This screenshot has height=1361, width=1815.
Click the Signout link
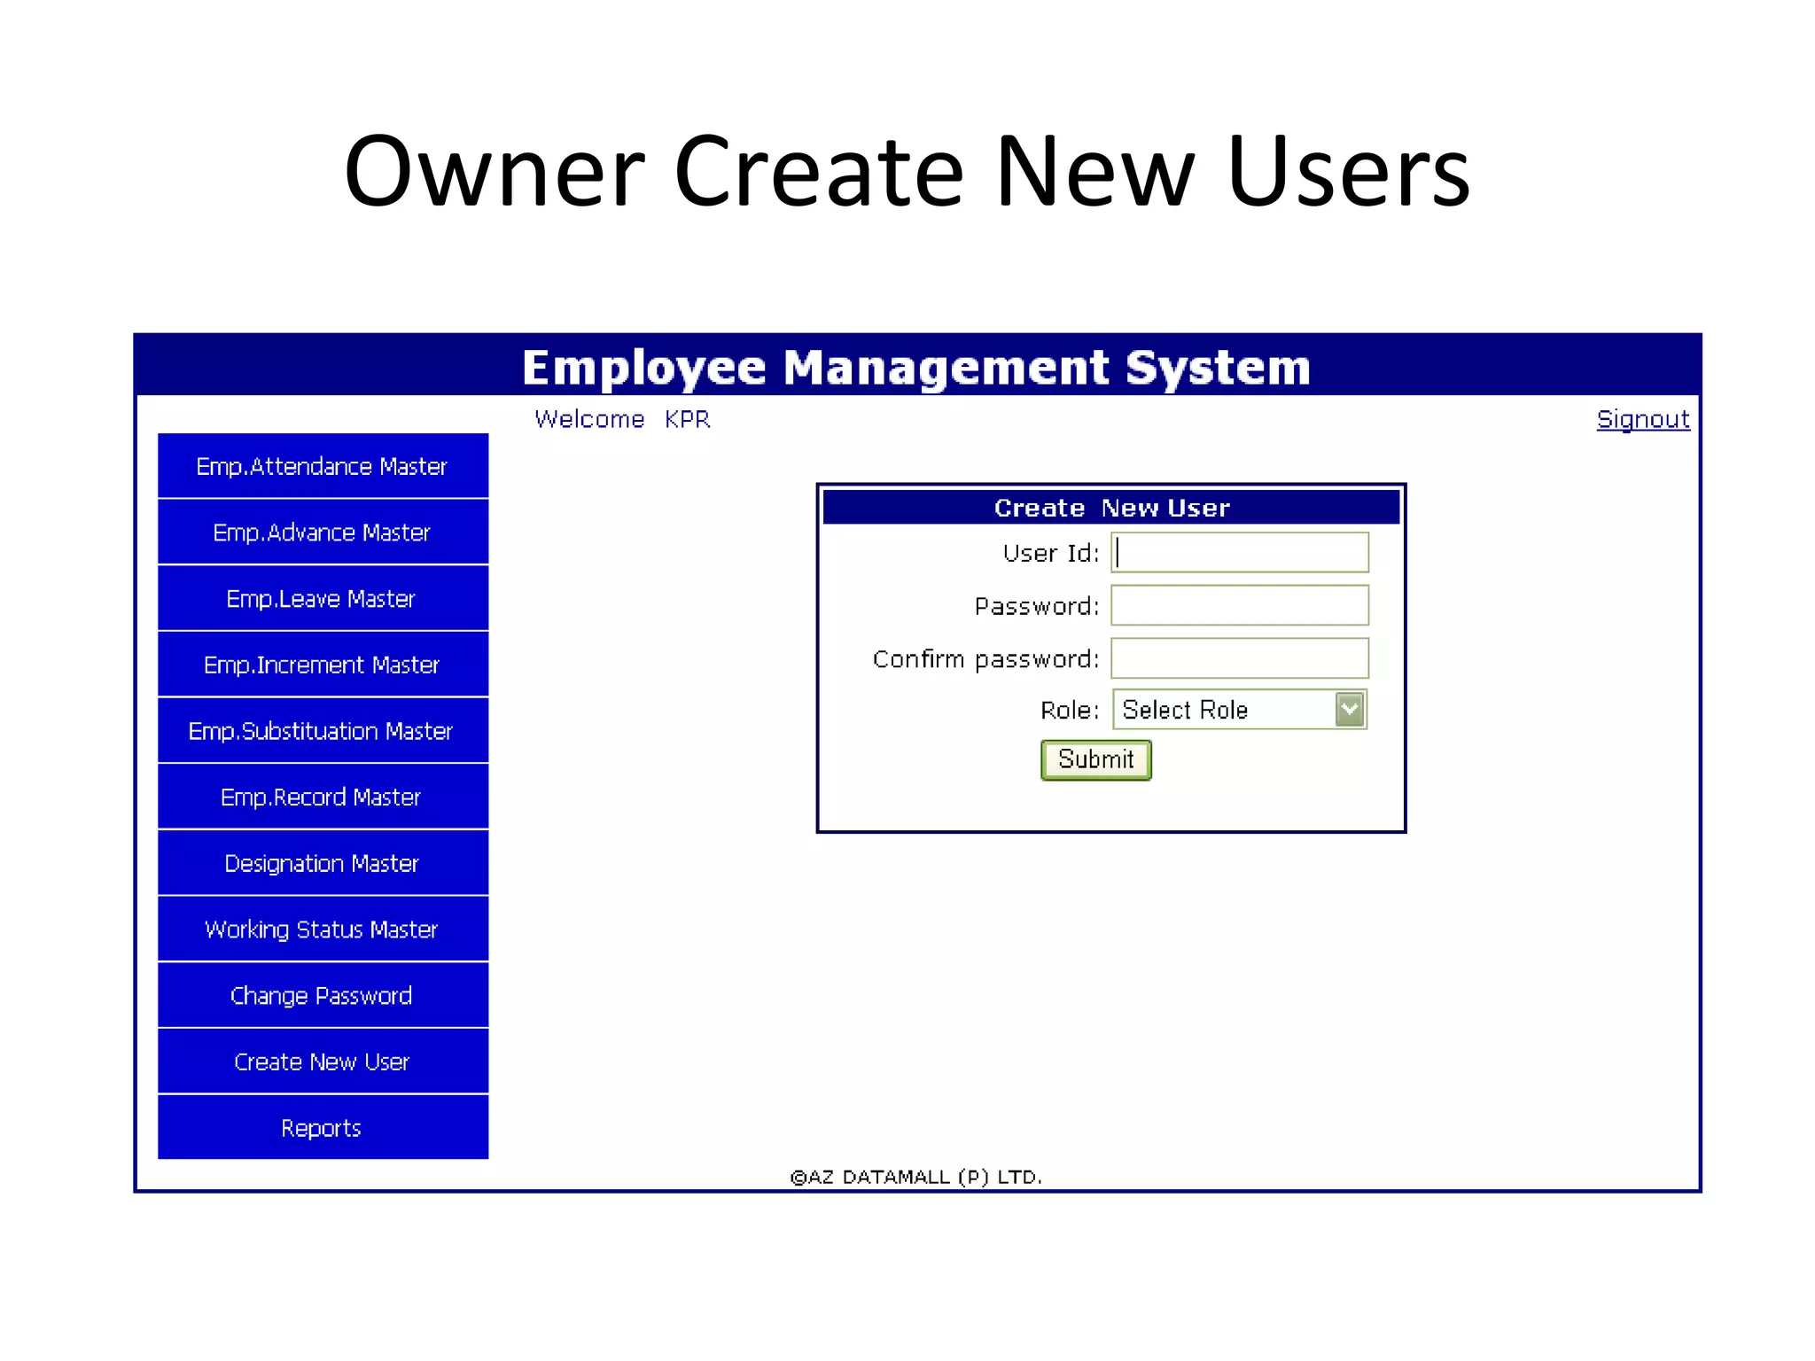[1642, 419]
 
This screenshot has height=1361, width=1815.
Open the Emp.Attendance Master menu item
[323, 466]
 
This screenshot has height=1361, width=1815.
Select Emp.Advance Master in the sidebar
[323, 533]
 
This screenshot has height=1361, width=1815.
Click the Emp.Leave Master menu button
[323, 599]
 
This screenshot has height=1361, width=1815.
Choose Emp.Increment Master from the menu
[323, 665]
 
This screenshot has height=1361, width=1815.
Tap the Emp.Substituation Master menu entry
[323, 731]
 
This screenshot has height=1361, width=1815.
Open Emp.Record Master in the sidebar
[323, 797]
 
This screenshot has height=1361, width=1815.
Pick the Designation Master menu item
[323, 863]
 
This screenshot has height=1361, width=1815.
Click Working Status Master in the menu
[323, 929]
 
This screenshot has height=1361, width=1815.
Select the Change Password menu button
[323, 996]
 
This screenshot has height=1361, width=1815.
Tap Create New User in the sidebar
[323, 1062]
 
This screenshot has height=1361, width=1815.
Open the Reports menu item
[323, 1128]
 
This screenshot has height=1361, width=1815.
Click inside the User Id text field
[1239, 553]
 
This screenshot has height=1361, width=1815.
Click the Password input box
[1239, 606]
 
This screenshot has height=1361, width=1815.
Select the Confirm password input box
[1239, 658]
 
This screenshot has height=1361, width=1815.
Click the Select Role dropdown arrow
[1349, 710]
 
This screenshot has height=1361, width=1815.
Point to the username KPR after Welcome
[688, 419]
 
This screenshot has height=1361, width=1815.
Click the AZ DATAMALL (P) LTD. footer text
[916, 1177]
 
